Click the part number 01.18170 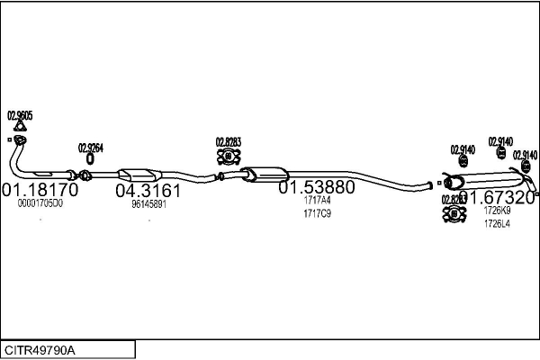(x=40, y=191)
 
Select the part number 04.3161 (x=148, y=191)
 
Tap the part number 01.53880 (x=316, y=188)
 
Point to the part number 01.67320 (x=497, y=196)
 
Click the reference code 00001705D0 (x=40, y=204)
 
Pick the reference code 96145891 (x=148, y=204)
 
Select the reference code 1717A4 (x=318, y=201)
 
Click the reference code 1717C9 (x=318, y=213)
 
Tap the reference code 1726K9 (x=497, y=211)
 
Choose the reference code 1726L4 (x=497, y=223)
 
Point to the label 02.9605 (x=20, y=115)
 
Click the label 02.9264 (x=90, y=148)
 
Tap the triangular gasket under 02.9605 (x=20, y=128)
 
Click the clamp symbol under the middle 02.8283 (x=228, y=157)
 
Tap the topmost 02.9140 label (x=500, y=141)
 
